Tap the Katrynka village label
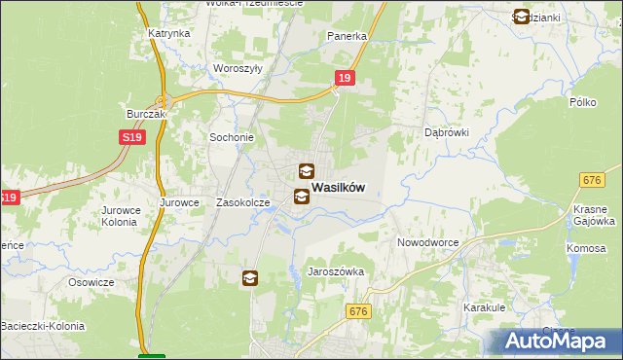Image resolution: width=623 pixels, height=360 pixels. (168, 33)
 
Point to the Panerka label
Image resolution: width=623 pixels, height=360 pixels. (347, 36)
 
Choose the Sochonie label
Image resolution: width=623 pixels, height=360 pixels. (232, 138)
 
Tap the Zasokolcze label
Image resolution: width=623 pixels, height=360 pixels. (242, 203)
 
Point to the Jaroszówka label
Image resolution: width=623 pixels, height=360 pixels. (336, 272)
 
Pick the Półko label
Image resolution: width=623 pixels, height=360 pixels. (582, 102)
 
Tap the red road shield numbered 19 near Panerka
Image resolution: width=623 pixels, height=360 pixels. (344, 79)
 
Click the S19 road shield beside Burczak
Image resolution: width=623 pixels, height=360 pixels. (133, 139)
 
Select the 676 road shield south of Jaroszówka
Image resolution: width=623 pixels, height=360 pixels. (358, 310)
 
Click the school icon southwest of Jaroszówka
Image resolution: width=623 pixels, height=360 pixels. (250, 279)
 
